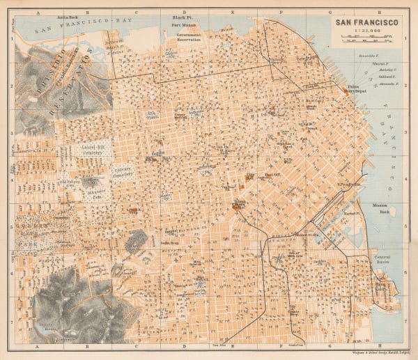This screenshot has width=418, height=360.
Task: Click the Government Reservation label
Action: (188, 37)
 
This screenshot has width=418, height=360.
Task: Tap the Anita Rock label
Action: (68, 14)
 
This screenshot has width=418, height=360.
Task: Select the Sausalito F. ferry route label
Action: (387, 53)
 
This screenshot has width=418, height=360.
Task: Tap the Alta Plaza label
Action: (151, 115)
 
